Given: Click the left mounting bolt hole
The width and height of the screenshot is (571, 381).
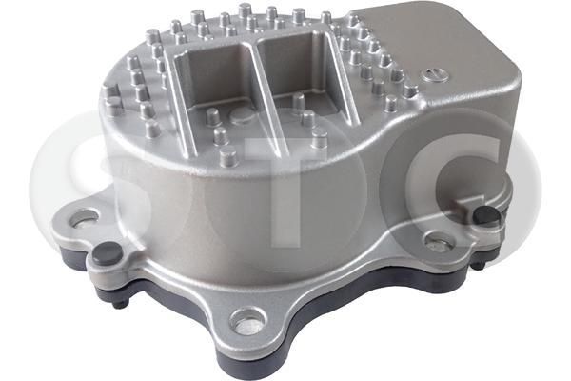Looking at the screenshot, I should pyautogui.click(x=84, y=217).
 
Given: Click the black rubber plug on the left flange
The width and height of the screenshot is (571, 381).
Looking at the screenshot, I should pyautogui.click(x=108, y=253).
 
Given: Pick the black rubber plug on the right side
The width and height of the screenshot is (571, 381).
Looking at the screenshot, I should pyautogui.click(x=486, y=214).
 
